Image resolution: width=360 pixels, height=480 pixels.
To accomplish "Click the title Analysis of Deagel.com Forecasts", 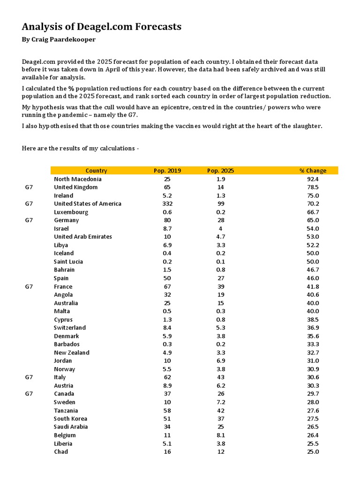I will coord(101,27).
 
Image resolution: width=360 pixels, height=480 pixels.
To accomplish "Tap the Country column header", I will coord(96,171).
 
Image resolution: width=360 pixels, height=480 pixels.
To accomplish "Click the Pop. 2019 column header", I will coord(167,171).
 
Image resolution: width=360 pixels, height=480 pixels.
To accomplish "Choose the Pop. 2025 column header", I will coord(220,171).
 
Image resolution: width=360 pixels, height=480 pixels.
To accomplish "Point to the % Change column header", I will coord(313,171).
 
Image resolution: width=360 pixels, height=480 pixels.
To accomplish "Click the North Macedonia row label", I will coord(77,179).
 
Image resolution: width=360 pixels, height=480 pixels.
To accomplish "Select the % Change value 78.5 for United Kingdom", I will coord(313,187).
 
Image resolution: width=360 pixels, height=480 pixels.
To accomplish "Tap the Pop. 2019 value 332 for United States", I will coord(167,203).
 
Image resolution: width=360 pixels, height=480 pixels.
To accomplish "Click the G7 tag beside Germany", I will coord(29,220).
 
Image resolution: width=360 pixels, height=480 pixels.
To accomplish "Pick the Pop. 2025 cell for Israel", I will coord(221,228).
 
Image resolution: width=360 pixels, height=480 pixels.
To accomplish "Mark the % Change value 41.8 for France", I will coord(313,286).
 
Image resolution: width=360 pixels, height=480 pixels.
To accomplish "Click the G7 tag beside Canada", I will coord(29,394).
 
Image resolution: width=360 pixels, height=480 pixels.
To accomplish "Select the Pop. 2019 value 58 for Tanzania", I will coord(167,410).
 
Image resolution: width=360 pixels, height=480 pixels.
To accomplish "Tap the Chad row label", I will coord(61,451).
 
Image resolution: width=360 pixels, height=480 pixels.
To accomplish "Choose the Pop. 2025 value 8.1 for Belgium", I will coord(221,435).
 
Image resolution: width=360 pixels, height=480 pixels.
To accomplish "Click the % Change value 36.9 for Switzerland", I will coord(313,328).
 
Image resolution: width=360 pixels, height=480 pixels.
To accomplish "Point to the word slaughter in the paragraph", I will coord(307,126).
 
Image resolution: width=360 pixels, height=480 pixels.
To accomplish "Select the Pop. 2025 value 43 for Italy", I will coord(221,377).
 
